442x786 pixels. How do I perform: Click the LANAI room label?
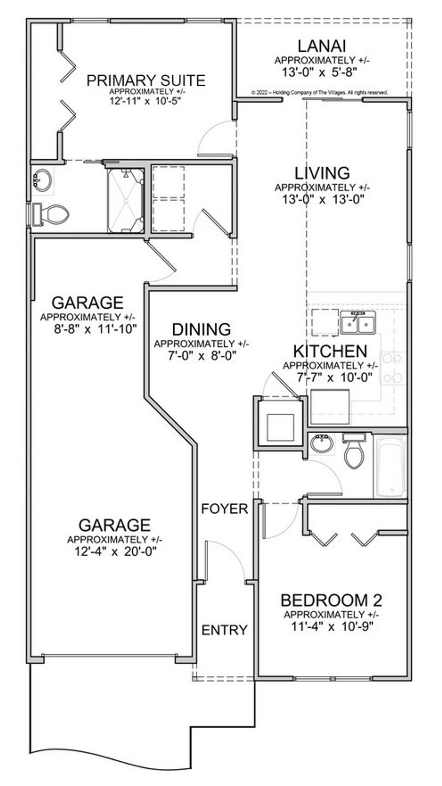pyautogui.click(x=321, y=46)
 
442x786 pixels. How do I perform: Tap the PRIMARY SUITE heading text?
pyautogui.click(x=146, y=81)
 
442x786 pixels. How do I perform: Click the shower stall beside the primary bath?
pyautogui.click(x=126, y=201)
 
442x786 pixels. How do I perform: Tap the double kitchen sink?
pyautogui.click(x=358, y=322)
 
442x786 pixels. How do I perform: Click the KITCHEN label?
pyautogui.click(x=330, y=352)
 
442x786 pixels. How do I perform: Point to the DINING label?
pyautogui.click(x=201, y=329)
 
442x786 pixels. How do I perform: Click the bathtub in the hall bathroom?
pyautogui.click(x=390, y=466)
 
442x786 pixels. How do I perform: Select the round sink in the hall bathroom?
pyautogui.click(x=322, y=443)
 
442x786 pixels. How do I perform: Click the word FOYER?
pyautogui.click(x=225, y=509)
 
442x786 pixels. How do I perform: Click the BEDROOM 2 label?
pyautogui.click(x=331, y=600)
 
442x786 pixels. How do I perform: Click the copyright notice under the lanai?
pyautogui.click(x=320, y=93)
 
